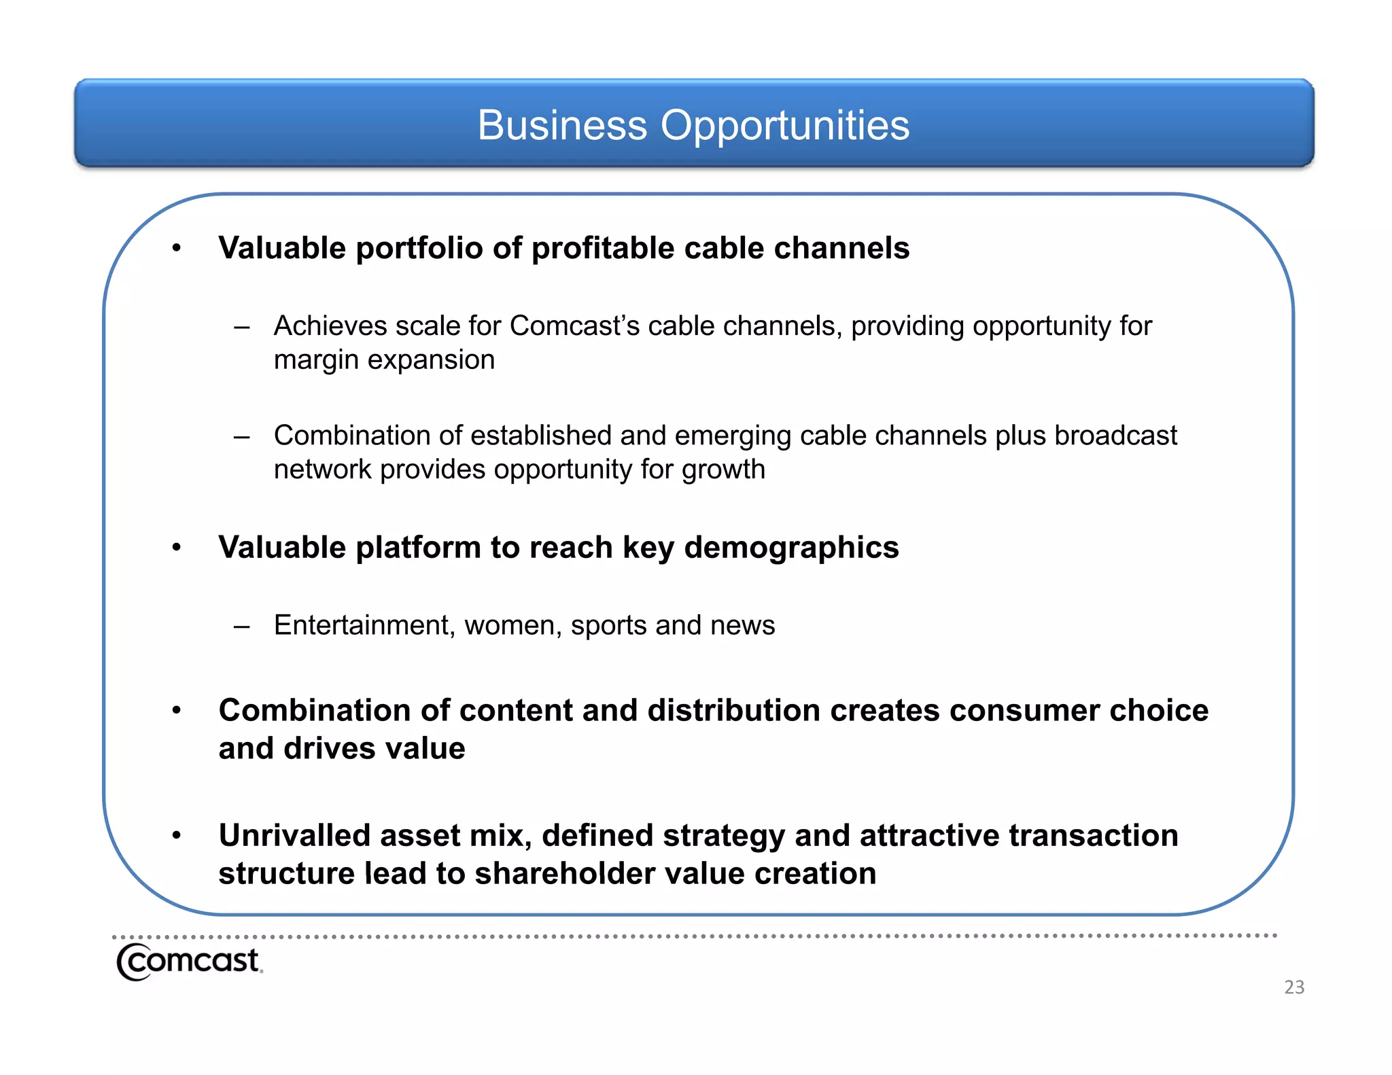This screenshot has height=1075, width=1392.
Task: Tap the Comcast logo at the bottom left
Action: (x=189, y=962)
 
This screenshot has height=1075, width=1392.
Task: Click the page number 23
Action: (x=1293, y=987)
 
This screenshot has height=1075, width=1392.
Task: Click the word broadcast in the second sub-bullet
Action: (x=1115, y=436)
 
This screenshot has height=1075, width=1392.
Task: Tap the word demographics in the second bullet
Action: (x=791, y=548)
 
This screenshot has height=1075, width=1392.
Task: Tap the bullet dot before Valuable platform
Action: (x=177, y=547)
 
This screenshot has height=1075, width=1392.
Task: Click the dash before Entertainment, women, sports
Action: (x=241, y=626)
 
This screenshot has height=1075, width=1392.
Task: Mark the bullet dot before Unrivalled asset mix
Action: (x=177, y=835)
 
